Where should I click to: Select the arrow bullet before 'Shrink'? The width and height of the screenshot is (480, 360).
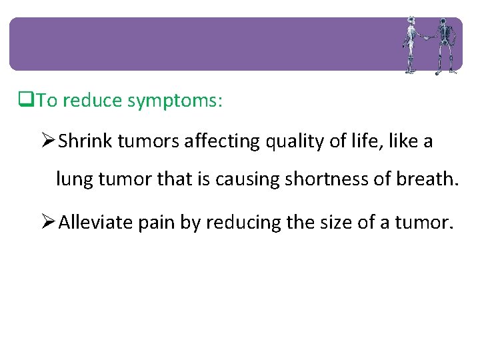click(x=47, y=141)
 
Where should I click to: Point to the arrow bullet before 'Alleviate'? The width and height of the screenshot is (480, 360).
click(x=47, y=222)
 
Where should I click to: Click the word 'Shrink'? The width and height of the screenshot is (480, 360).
click(x=82, y=141)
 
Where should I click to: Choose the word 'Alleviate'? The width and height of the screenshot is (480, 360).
click(x=96, y=222)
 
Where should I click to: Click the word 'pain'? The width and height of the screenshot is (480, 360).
click(x=155, y=222)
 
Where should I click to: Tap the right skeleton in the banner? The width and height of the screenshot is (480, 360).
click(x=444, y=45)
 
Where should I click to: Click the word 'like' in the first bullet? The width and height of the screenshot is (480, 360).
click(x=404, y=141)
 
